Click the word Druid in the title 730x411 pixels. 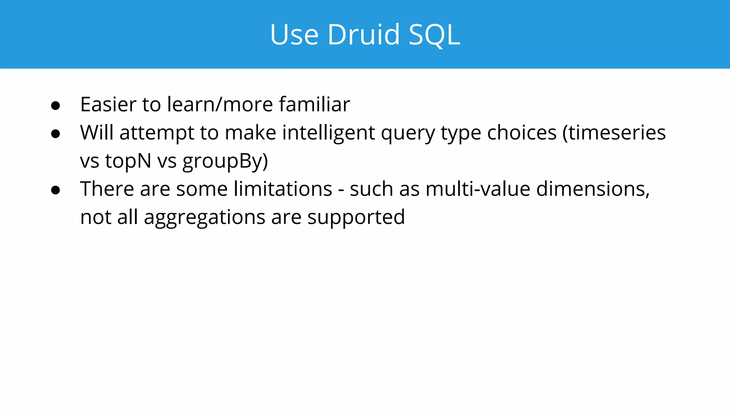pos(364,35)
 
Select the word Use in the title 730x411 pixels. pos(294,35)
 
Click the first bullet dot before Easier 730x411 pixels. pos(56,106)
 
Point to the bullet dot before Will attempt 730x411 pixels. pos(56,134)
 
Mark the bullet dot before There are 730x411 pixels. pos(56,190)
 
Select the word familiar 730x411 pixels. pos(314,105)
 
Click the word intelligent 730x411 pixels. pos(328,133)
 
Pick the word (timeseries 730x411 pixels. pos(614,133)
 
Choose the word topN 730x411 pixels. pos(128,161)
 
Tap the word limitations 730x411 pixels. pos(283,189)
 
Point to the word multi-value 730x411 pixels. pos(478,189)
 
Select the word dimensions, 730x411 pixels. pos(593,189)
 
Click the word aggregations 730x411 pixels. pos(205,217)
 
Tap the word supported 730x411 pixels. pos(356,217)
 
